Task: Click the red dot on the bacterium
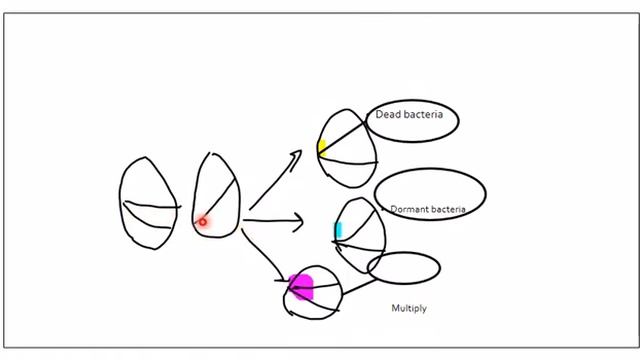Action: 202,222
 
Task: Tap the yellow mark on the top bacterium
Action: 322,148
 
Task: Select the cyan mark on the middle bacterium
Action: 338,230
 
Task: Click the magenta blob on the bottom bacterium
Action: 301,287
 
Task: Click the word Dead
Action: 386,116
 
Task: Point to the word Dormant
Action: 409,210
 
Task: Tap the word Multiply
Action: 408,308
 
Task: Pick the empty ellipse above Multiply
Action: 403,267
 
